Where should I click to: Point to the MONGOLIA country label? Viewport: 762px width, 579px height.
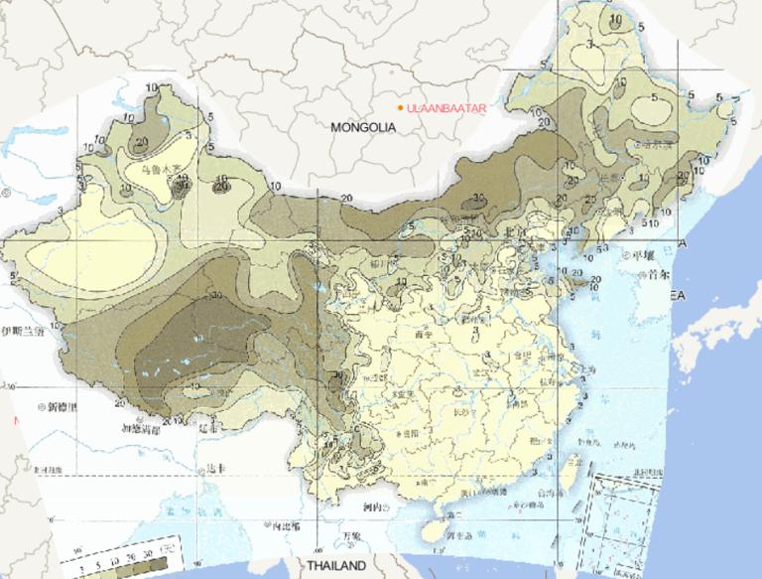364,127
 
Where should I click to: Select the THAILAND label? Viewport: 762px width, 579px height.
336,565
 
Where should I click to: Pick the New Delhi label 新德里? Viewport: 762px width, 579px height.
62,407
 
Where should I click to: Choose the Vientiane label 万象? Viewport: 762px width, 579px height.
348,535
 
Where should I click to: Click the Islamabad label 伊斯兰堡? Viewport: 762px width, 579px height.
24,333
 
